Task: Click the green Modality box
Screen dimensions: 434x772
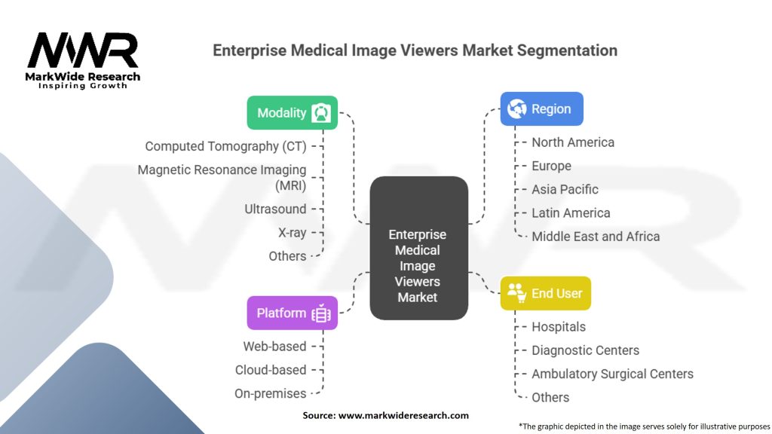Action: pyautogui.click(x=292, y=113)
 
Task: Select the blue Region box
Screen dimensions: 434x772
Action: pyautogui.click(x=541, y=108)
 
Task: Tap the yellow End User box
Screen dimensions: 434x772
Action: pyautogui.click(x=545, y=293)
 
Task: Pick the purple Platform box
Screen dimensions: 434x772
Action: pyautogui.click(x=292, y=313)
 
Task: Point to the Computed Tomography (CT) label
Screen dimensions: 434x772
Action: pyautogui.click(x=225, y=146)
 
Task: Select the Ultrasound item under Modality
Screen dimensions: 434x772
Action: pyautogui.click(x=275, y=209)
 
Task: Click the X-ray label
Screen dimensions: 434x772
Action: pyautogui.click(x=292, y=233)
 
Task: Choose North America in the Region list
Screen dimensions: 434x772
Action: pyautogui.click(x=572, y=142)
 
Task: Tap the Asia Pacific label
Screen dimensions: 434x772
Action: pyautogui.click(x=565, y=189)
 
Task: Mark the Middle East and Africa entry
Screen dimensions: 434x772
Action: pyautogui.click(x=595, y=236)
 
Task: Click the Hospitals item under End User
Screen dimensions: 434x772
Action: pyautogui.click(x=558, y=327)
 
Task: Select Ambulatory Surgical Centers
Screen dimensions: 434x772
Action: pyautogui.click(x=611, y=374)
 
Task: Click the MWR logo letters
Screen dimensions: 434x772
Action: pyautogui.click(x=83, y=50)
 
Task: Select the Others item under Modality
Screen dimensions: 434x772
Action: pyautogui.click(x=287, y=256)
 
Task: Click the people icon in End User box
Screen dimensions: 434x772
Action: pyautogui.click(x=516, y=292)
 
